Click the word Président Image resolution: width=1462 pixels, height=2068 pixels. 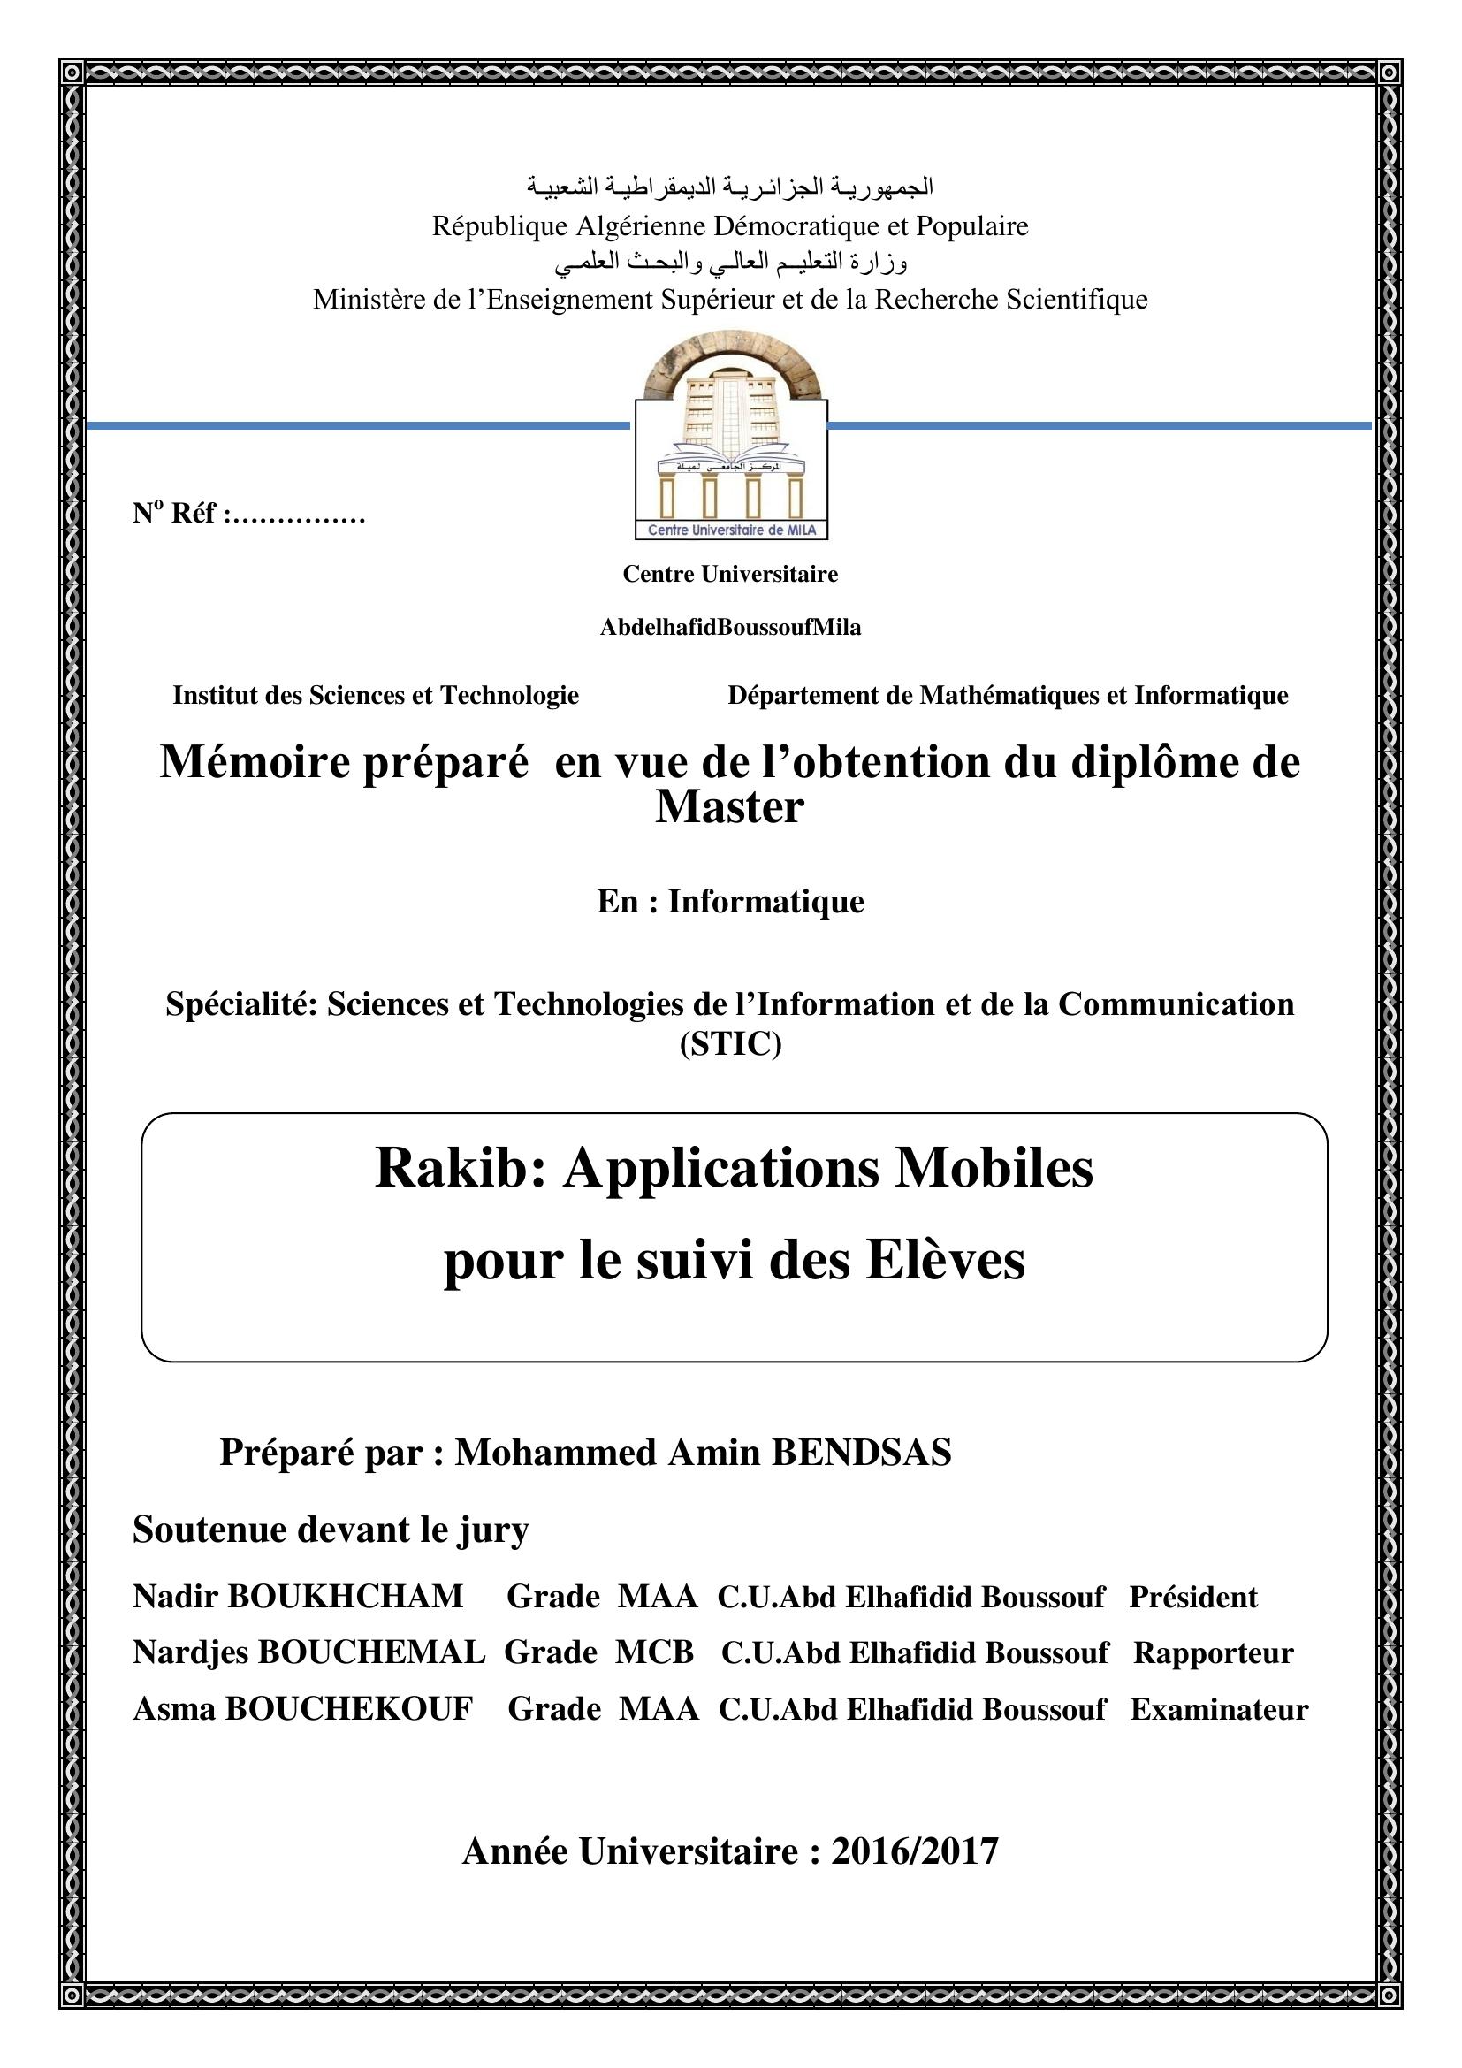(x=1192, y=1597)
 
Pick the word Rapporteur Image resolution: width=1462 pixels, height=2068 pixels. (x=1213, y=1652)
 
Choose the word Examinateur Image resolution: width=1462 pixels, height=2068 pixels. (x=1219, y=1709)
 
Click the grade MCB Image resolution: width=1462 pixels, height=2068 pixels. (x=654, y=1652)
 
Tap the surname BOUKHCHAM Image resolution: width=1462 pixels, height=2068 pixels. (x=346, y=1596)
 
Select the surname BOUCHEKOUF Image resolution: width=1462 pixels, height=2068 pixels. (x=348, y=1709)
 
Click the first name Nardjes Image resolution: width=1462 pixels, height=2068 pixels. (x=191, y=1652)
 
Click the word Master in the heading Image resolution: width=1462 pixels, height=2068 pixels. (x=729, y=807)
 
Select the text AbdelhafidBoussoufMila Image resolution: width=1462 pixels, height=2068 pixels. (x=730, y=628)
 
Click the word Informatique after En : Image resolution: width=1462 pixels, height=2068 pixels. (x=765, y=902)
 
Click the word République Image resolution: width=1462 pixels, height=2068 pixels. (x=499, y=225)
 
